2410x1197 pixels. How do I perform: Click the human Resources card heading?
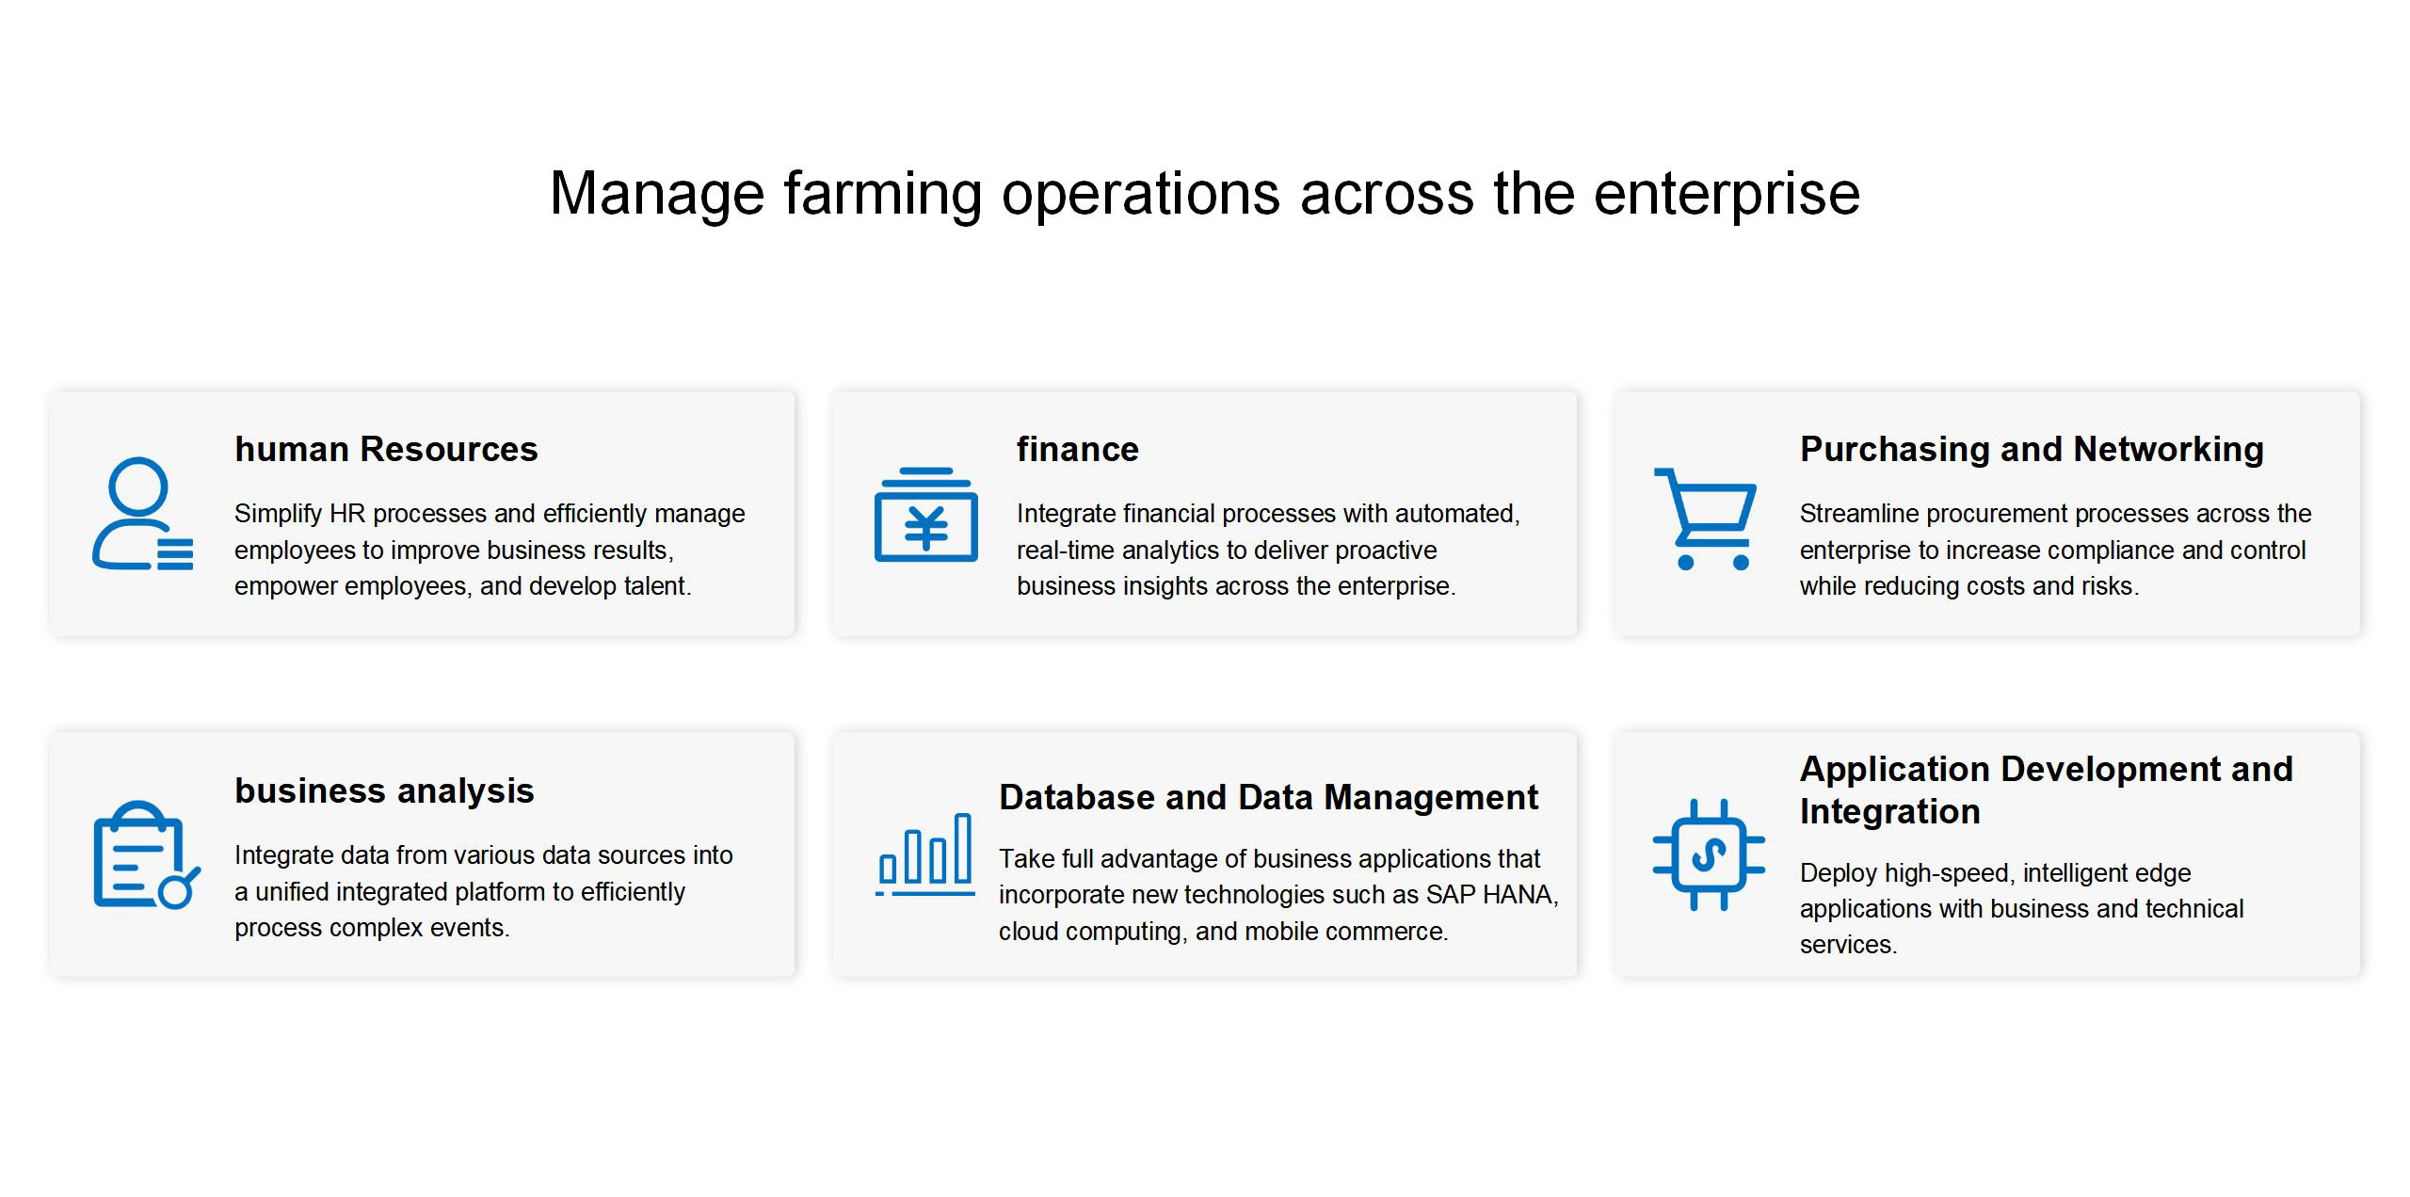[x=386, y=450]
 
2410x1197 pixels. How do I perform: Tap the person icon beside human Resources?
[x=142, y=513]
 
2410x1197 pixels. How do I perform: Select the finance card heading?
[x=1077, y=450]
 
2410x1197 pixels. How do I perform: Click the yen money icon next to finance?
[x=925, y=514]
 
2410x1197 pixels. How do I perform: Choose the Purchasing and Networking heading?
[x=2032, y=450]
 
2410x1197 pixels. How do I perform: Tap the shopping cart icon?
[x=1705, y=519]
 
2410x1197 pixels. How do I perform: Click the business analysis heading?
[x=384, y=791]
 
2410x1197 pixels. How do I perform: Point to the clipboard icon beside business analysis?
[x=147, y=854]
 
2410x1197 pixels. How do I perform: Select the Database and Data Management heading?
[x=1268, y=798]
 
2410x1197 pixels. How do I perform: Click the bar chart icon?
[x=924, y=854]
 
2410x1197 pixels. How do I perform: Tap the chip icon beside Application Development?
[x=1709, y=854]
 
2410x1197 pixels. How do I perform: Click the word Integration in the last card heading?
[x=1889, y=812]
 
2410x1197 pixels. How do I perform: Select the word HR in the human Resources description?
[x=347, y=514]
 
